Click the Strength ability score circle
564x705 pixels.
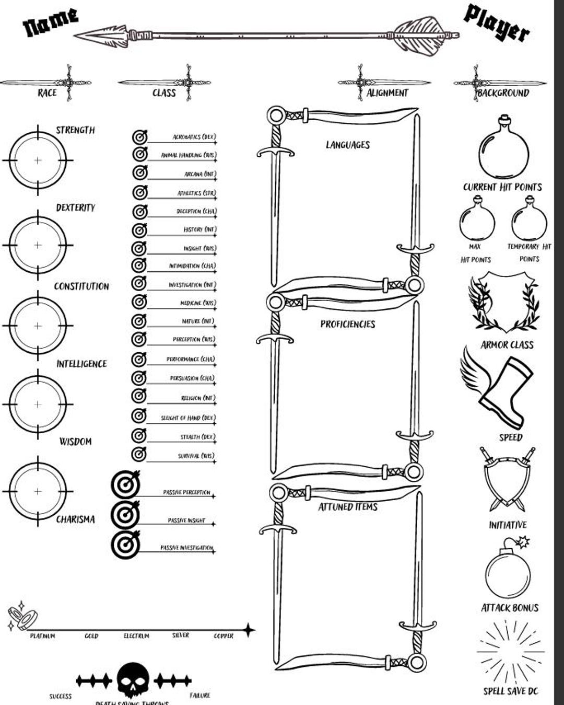click(x=38, y=160)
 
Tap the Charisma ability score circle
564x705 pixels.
click(x=38, y=491)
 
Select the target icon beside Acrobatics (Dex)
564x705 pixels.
click(x=139, y=137)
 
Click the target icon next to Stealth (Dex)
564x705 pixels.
click(x=139, y=435)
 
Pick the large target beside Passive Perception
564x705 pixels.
click(x=125, y=485)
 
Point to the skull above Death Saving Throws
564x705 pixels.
click(x=133, y=679)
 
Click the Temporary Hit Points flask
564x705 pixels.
click(x=529, y=219)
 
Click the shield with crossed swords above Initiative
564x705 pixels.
click(x=507, y=478)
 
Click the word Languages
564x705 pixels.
click(x=348, y=145)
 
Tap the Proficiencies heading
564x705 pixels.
click(x=348, y=324)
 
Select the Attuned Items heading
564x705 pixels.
click(x=348, y=506)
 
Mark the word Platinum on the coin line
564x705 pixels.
click(x=42, y=636)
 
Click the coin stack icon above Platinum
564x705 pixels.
click(x=21, y=617)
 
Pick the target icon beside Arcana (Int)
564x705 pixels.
click(x=139, y=172)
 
